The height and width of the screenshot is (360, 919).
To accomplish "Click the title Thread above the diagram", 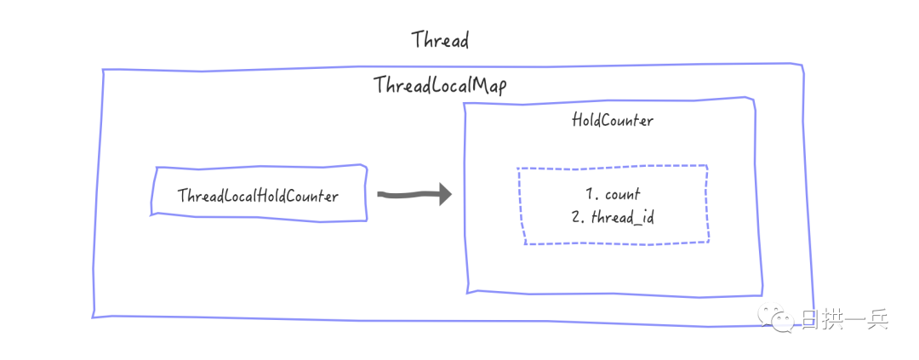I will (x=440, y=40).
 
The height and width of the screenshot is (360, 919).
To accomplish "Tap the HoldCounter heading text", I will (x=613, y=121).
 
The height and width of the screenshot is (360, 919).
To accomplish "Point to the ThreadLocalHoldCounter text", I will (x=258, y=197).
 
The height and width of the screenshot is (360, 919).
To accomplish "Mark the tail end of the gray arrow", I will (x=380, y=195).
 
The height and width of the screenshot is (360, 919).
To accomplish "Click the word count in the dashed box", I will (x=623, y=194).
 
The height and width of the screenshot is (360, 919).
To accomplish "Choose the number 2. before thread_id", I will (x=578, y=217).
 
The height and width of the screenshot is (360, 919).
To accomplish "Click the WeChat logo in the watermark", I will (x=783, y=320).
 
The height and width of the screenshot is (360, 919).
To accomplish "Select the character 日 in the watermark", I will (x=811, y=321).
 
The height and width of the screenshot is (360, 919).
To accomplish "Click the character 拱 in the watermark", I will (x=833, y=321).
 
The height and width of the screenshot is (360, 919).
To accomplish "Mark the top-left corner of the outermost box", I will (x=102, y=70).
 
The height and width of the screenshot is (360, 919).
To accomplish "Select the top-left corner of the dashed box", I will (x=518, y=169).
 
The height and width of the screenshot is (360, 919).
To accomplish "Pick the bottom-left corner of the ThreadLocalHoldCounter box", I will (x=151, y=214).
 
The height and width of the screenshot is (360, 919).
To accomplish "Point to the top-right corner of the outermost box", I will (x=802, y=66).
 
